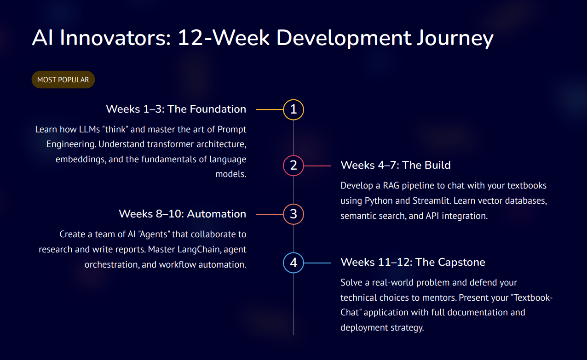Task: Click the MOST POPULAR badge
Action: pyautogui.click(x=63, y=80)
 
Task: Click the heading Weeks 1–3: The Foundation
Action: pyautogui.click(x=176, y=109)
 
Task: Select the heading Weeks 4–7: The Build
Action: pyautogui.click(x=396, y=165)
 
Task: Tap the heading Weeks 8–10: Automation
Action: pyautogui.click(x=183, y=214)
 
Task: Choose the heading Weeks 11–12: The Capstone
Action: pyautogui.click(x=413, y=262)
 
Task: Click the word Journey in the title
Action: pyautogui.click(x=455, y=39)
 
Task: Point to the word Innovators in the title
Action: pyautogui.click(x=115, y=38)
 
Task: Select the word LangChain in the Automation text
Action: pyautogui.click(x=197, y=249)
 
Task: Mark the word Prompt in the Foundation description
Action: pyautogui.click(x=232, y=130)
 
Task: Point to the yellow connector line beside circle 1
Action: pyautogui.click(x=270, y=109)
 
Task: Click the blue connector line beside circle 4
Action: pyautogui.click(x=317, y=263)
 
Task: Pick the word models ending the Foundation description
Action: pyautogui.click(x=231, y=174)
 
